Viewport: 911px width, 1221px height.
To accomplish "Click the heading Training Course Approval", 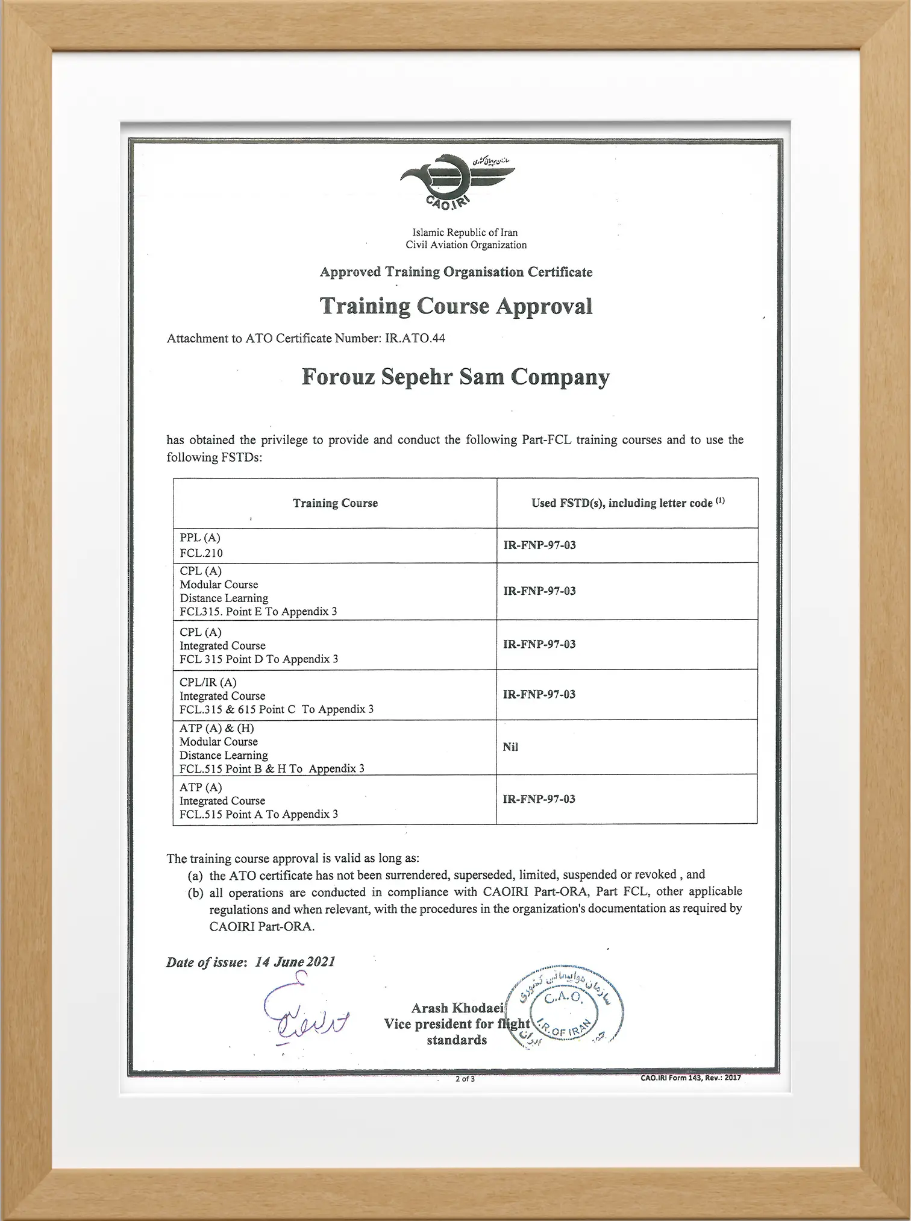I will point(456,306).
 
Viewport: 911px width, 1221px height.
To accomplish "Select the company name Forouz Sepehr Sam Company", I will point(456,377).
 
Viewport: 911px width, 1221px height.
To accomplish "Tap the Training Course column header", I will point(335,503).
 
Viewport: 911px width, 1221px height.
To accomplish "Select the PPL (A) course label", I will point(200,538).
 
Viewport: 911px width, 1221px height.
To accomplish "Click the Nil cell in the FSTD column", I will point(510,747).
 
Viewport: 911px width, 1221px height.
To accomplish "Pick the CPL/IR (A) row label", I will point(208,682).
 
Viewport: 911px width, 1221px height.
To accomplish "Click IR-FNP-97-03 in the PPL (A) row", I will point(539,545).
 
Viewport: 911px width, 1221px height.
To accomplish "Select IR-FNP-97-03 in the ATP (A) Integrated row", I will point(539,799).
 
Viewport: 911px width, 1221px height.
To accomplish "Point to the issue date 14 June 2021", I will point(295,962).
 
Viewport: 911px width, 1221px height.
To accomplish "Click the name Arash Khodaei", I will point(457,1008).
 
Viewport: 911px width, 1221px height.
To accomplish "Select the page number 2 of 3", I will point(465,1079).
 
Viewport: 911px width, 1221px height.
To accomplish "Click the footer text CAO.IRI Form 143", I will point(690,1078).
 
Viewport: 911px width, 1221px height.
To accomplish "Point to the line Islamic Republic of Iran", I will point(465,233).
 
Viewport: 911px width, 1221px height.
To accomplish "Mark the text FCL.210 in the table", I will point(201,553).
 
